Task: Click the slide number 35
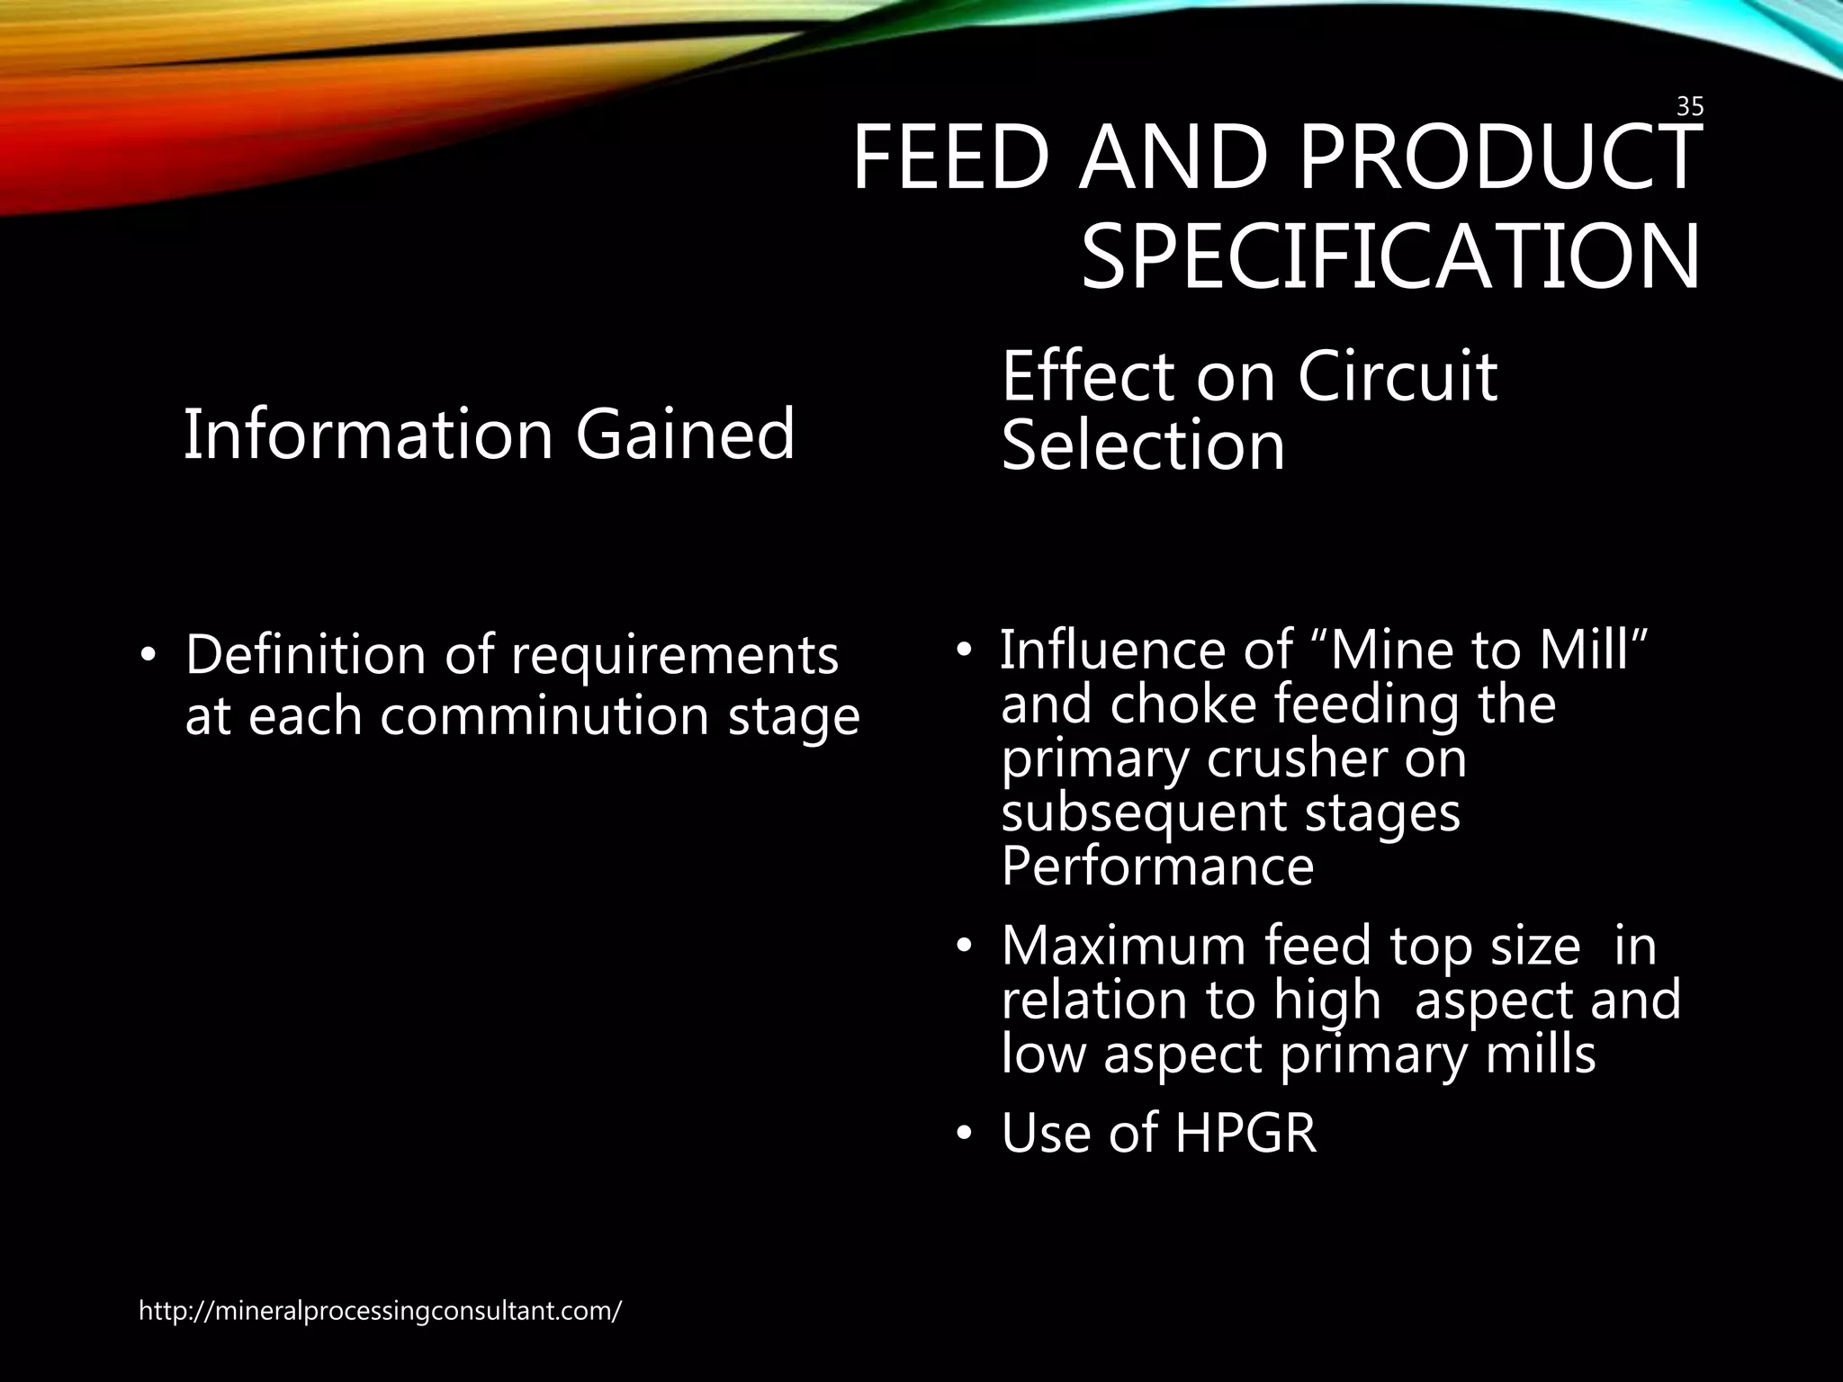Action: coord(1690,107)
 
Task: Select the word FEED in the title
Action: coord(950,158)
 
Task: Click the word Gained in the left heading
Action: coord(685,435)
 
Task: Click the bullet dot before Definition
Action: coord(148,656)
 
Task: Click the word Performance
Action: coord(1157,866)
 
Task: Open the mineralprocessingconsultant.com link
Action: coord(380,1311)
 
